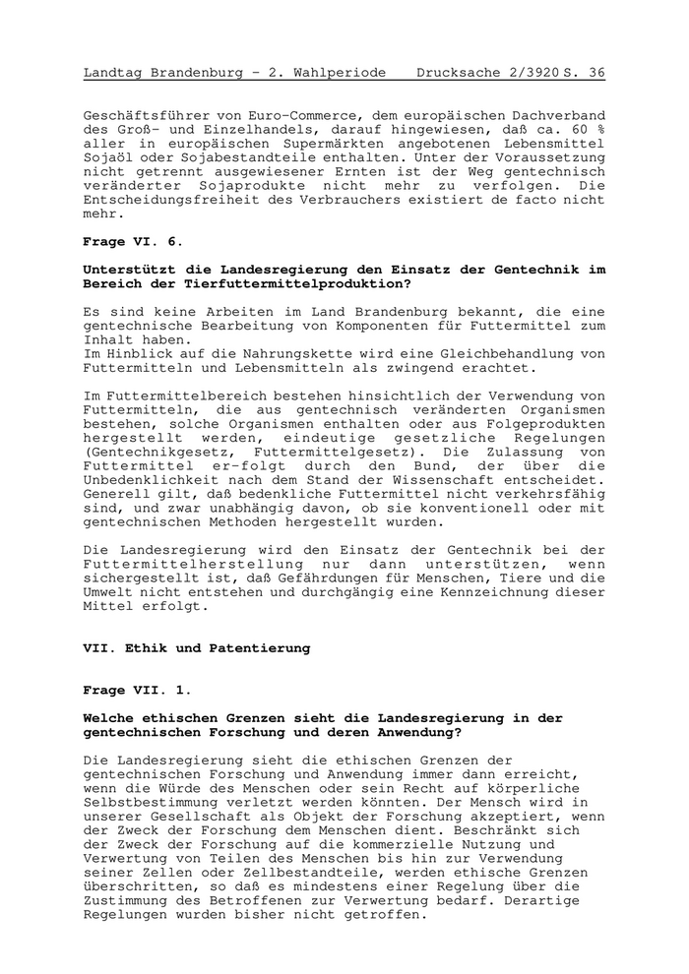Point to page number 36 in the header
596,73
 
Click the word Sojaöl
109,157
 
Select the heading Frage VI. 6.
133,241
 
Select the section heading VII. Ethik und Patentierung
197,648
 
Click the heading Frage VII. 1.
138,690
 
